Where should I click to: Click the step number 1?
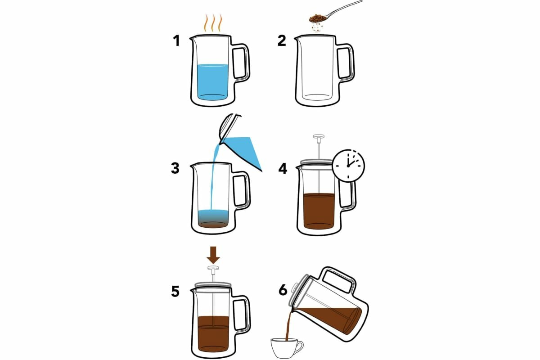177,40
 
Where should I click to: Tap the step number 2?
282,40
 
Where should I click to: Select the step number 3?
175,168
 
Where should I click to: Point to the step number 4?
283,169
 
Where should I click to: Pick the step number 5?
175,291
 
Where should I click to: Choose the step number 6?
283,290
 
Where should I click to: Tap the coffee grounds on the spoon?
318,18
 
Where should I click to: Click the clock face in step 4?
348,166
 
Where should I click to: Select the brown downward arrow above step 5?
213,255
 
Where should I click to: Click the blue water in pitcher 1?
212,82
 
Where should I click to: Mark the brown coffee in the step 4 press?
319,211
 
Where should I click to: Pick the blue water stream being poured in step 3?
215,177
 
